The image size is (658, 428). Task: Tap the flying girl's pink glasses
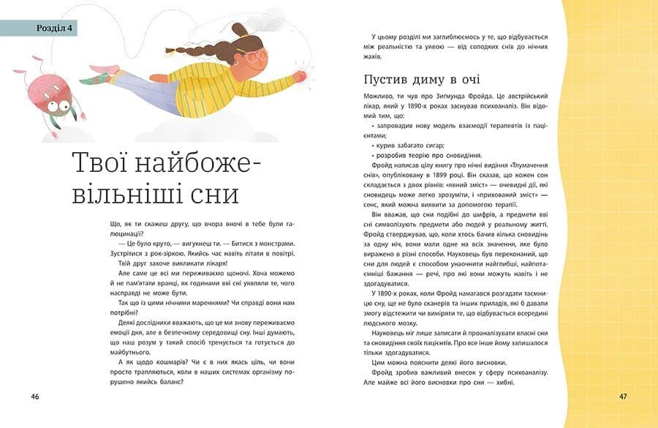257,56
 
